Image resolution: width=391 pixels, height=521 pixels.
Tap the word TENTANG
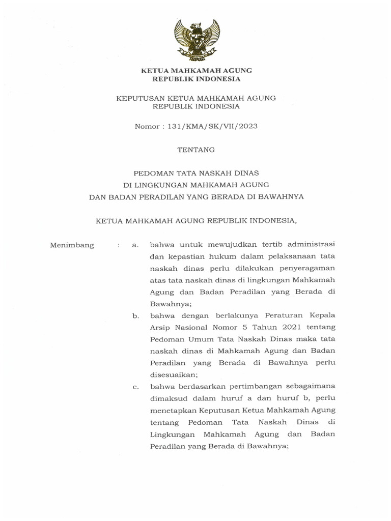196,150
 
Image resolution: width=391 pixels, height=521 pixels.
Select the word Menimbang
72,245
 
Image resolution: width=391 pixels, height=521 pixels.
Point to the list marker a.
135,246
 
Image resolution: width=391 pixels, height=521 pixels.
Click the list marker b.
135,316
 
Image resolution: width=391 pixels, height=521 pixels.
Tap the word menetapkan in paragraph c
172,409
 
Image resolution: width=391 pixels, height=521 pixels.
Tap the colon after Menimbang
118,246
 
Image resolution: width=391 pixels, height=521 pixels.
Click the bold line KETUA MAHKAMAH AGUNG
196,70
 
